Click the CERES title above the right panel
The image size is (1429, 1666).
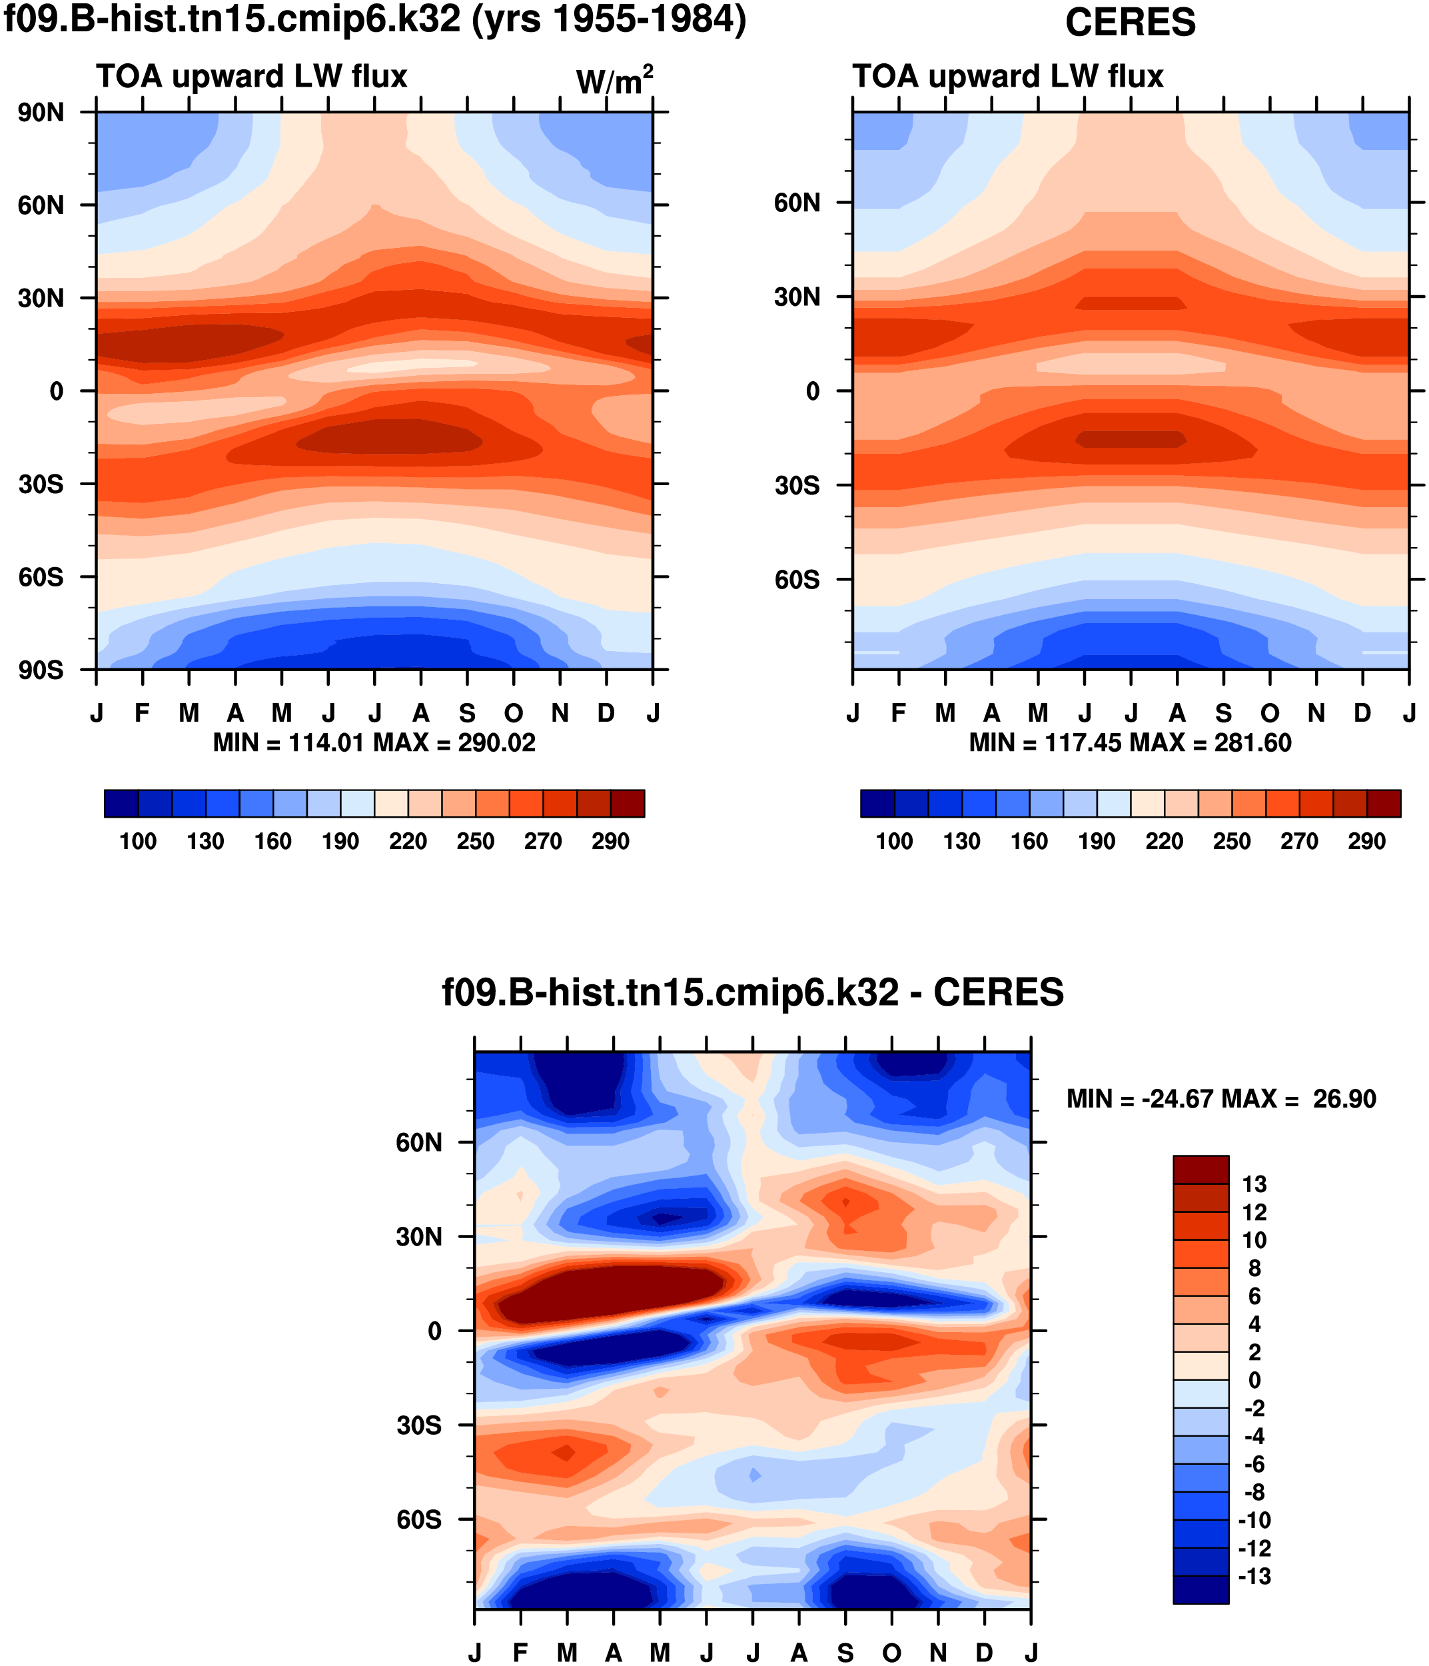pos(1129,23)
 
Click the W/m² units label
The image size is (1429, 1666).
pos(614,81)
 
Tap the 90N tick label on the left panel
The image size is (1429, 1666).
pos(41,113)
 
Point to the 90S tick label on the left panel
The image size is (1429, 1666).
pos(41,670)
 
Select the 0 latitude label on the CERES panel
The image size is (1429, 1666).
pos(813,392)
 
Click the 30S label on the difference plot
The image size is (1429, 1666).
pos(419,1425)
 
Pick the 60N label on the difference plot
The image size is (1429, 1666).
pos(419,1143)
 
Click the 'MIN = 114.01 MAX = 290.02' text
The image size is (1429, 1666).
pos(374,743)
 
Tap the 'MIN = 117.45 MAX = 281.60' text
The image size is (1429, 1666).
pos(1130,743)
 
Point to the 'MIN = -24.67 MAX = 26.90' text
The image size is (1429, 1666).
pos(1221,1099)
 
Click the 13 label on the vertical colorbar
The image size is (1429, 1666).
pos(1254,1184)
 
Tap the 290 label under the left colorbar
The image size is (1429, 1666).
pos(610,842)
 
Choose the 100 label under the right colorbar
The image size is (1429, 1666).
pos(894,842)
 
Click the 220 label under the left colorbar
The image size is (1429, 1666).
pos(408,842)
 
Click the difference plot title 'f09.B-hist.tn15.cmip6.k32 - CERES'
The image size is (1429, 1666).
pos(752,993)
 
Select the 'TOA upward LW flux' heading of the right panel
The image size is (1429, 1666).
pos(1007,77)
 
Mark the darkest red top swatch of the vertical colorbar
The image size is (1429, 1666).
pos(1200,1170)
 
